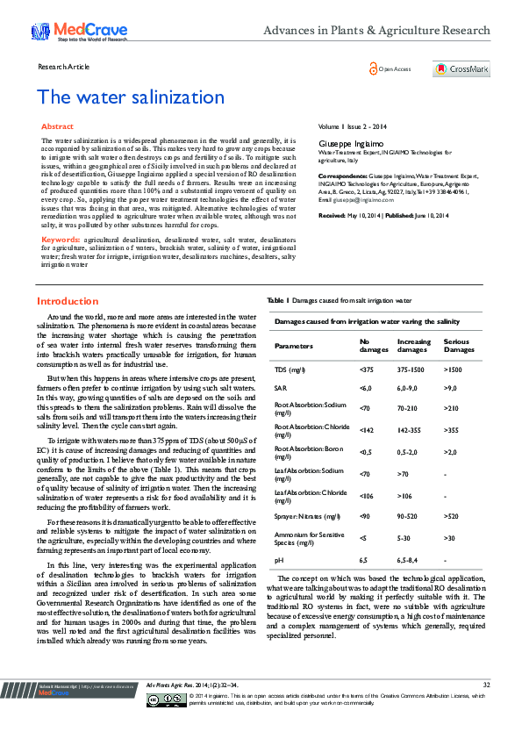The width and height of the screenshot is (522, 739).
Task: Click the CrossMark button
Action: [461, 68]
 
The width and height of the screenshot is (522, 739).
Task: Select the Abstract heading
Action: [57, 127]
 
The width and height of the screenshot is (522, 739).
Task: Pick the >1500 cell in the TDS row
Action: [454, 369]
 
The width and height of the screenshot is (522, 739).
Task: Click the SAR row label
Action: [280, 387]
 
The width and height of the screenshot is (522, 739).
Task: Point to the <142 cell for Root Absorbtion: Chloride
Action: [367, 430]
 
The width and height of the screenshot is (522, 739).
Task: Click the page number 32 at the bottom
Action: [486, 709]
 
